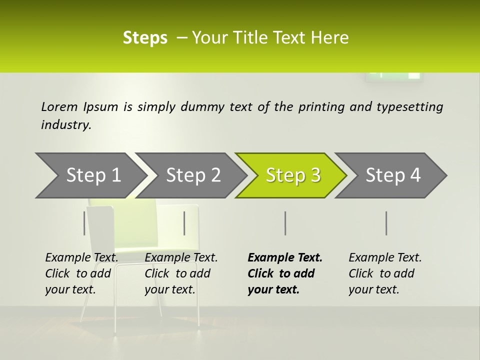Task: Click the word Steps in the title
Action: (145, 38)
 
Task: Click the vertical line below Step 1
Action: (84, 223)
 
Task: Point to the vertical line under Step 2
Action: (184, 223)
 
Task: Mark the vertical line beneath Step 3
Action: (285, 223)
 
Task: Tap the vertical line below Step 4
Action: (386, 223)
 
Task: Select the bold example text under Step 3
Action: (284, 273)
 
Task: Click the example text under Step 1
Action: (81, 273)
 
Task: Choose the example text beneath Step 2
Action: (181, 273)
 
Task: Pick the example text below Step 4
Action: (385, 273)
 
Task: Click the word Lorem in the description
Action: (59, 106)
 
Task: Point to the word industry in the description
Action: (66, 125)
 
